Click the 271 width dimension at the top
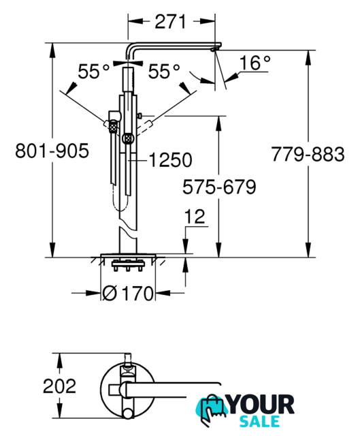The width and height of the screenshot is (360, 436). pos(170,22)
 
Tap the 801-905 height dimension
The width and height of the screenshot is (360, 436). pos(52,151)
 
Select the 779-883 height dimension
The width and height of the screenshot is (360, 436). pos(308,154)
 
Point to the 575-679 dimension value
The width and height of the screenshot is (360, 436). pos(219,187)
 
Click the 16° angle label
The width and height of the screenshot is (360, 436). pos(255,63)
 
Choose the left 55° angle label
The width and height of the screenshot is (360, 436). pos(94,72)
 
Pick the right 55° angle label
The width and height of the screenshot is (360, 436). pos(164,72)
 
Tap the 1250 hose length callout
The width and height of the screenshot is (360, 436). pos(171,160)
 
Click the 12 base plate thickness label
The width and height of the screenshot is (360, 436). pos(195,217)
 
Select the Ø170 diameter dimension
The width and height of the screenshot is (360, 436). pos(127,293)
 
